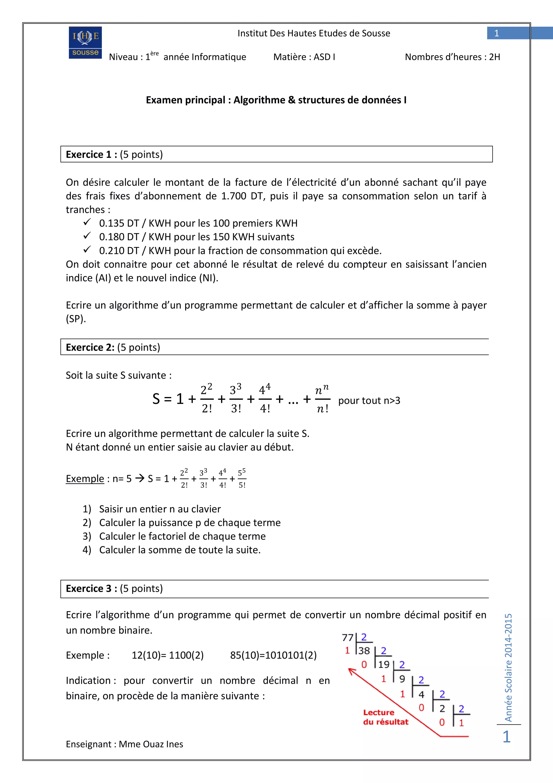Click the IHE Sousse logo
[x=85, y=43]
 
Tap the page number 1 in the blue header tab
[x=497, y=33]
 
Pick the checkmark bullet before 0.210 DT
[x=87, y=250]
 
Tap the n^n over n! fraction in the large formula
[x=322, y=399]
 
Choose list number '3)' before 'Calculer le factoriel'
[x=87, y=536]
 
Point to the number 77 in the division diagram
[x=348, y=637]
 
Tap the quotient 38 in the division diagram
[x=364, y=651]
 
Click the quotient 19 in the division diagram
[x=384, y=664]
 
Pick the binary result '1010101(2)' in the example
[x=273, y=655]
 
